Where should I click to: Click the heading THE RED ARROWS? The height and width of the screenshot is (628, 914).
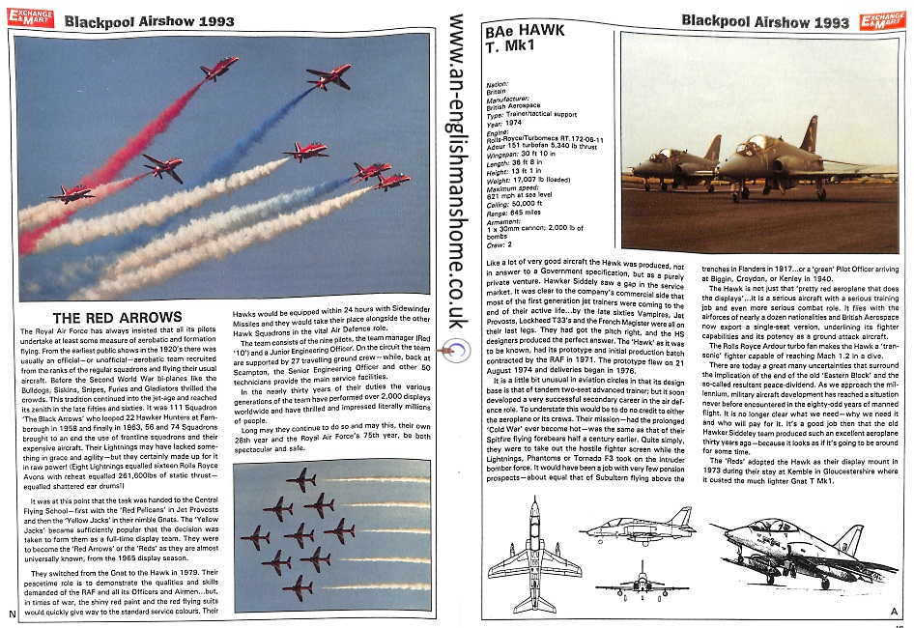118,318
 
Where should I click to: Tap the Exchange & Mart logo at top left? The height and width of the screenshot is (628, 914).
26,14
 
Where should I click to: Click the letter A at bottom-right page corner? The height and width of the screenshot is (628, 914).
894,611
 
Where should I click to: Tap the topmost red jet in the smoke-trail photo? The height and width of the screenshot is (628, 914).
220,68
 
